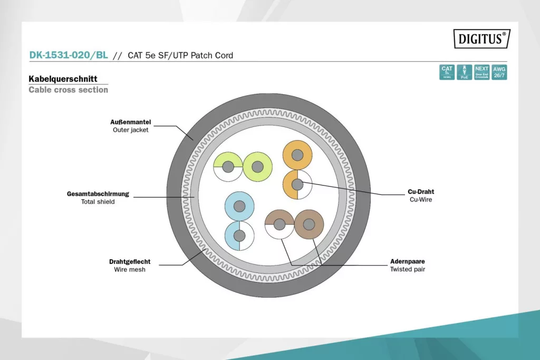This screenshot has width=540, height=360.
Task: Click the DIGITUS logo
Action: pos(481,38)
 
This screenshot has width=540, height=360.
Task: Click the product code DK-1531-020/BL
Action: pos(69,55)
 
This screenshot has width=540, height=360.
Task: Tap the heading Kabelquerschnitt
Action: pos(63,79)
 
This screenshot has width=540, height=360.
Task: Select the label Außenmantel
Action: pos(131,122)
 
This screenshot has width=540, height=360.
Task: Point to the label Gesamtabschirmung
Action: pos(98,193)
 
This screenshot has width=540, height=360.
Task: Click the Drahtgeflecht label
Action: pos(130,261)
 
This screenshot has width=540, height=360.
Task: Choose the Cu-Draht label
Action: pos(421,192)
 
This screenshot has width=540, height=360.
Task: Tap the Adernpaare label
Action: pos(407,261)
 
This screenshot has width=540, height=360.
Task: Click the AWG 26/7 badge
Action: pos(499,72)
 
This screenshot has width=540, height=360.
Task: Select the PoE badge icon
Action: pos(464,72)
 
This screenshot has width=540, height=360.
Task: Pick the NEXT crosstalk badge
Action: pos(481,72)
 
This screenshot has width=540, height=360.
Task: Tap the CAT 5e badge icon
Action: pos(447,72)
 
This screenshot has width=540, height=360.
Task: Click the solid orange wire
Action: pos(297,155)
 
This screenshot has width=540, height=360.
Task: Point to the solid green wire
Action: pos(257,167)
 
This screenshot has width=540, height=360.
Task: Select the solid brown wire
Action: pos(309,225)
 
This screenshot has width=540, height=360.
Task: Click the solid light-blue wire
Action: pos(239,206)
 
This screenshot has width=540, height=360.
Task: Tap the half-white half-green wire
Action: pos(228,167)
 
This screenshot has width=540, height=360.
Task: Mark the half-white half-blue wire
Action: pos(239,236)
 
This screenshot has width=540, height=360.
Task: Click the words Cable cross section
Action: pos(68,90)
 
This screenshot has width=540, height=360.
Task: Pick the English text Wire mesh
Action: pos(130,269)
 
